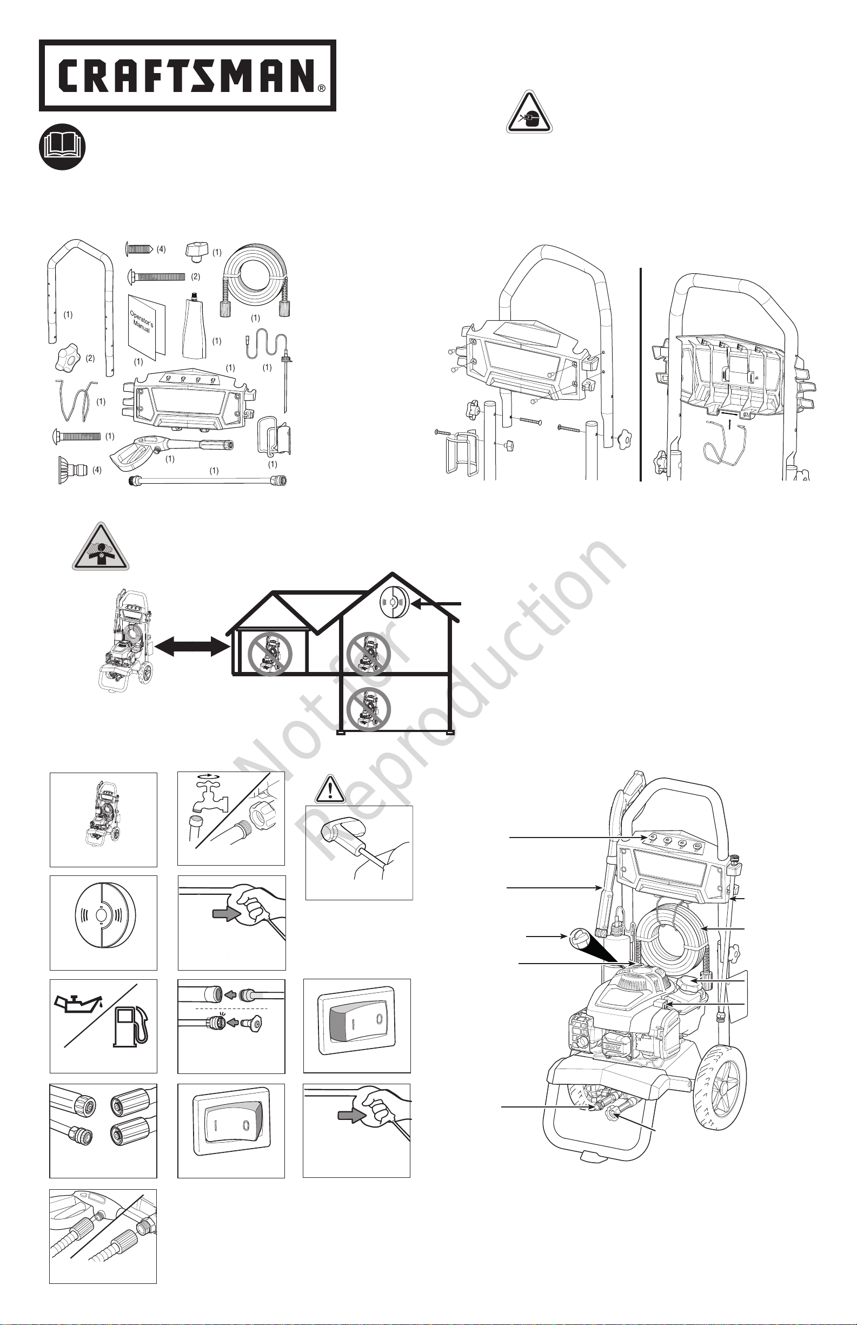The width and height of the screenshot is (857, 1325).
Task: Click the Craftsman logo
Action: pos(187,75)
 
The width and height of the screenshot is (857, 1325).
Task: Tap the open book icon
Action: pos(62,146)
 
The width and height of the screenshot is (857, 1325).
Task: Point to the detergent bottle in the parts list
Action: pos(194,326)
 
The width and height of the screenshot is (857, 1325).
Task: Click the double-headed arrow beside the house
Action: pos(192,648)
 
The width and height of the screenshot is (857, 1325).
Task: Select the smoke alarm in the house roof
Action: pos(394,603)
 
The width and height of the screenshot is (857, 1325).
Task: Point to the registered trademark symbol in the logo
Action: pos(322,88)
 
